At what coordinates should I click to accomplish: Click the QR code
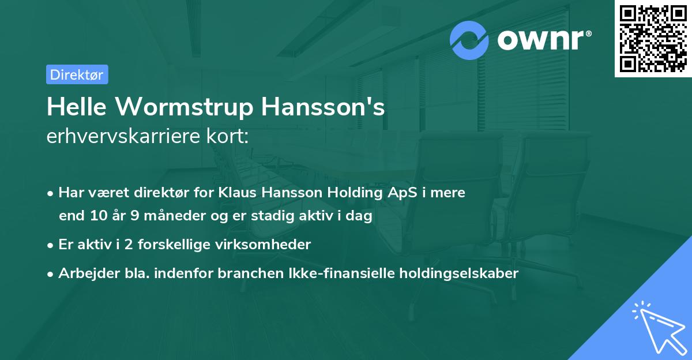653,39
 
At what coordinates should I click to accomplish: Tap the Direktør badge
77,74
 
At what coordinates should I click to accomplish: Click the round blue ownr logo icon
469,40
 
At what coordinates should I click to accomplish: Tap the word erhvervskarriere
126,137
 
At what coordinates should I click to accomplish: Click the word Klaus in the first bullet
237,192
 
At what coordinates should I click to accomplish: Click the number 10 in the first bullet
99,216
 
